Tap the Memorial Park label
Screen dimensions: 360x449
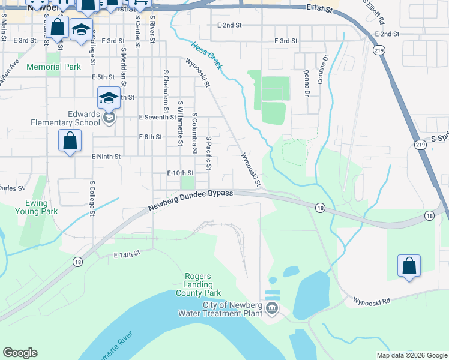(x=53, y=67)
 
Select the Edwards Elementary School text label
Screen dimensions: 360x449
(x=66, y=118)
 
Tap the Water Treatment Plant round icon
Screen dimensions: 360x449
(x=271, y=308)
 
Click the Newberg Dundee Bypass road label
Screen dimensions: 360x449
(x=190, y=200)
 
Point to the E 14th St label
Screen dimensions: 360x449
(x=127, y=254)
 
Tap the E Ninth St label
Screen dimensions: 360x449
(x=106, y=156)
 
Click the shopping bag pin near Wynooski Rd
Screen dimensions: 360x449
(x=409, y=265)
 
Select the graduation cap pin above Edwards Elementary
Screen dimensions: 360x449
(x=108, y=97)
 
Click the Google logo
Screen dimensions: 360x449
(x=20, y=353)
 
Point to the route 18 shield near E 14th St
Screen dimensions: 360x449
(x=77, y=262)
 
